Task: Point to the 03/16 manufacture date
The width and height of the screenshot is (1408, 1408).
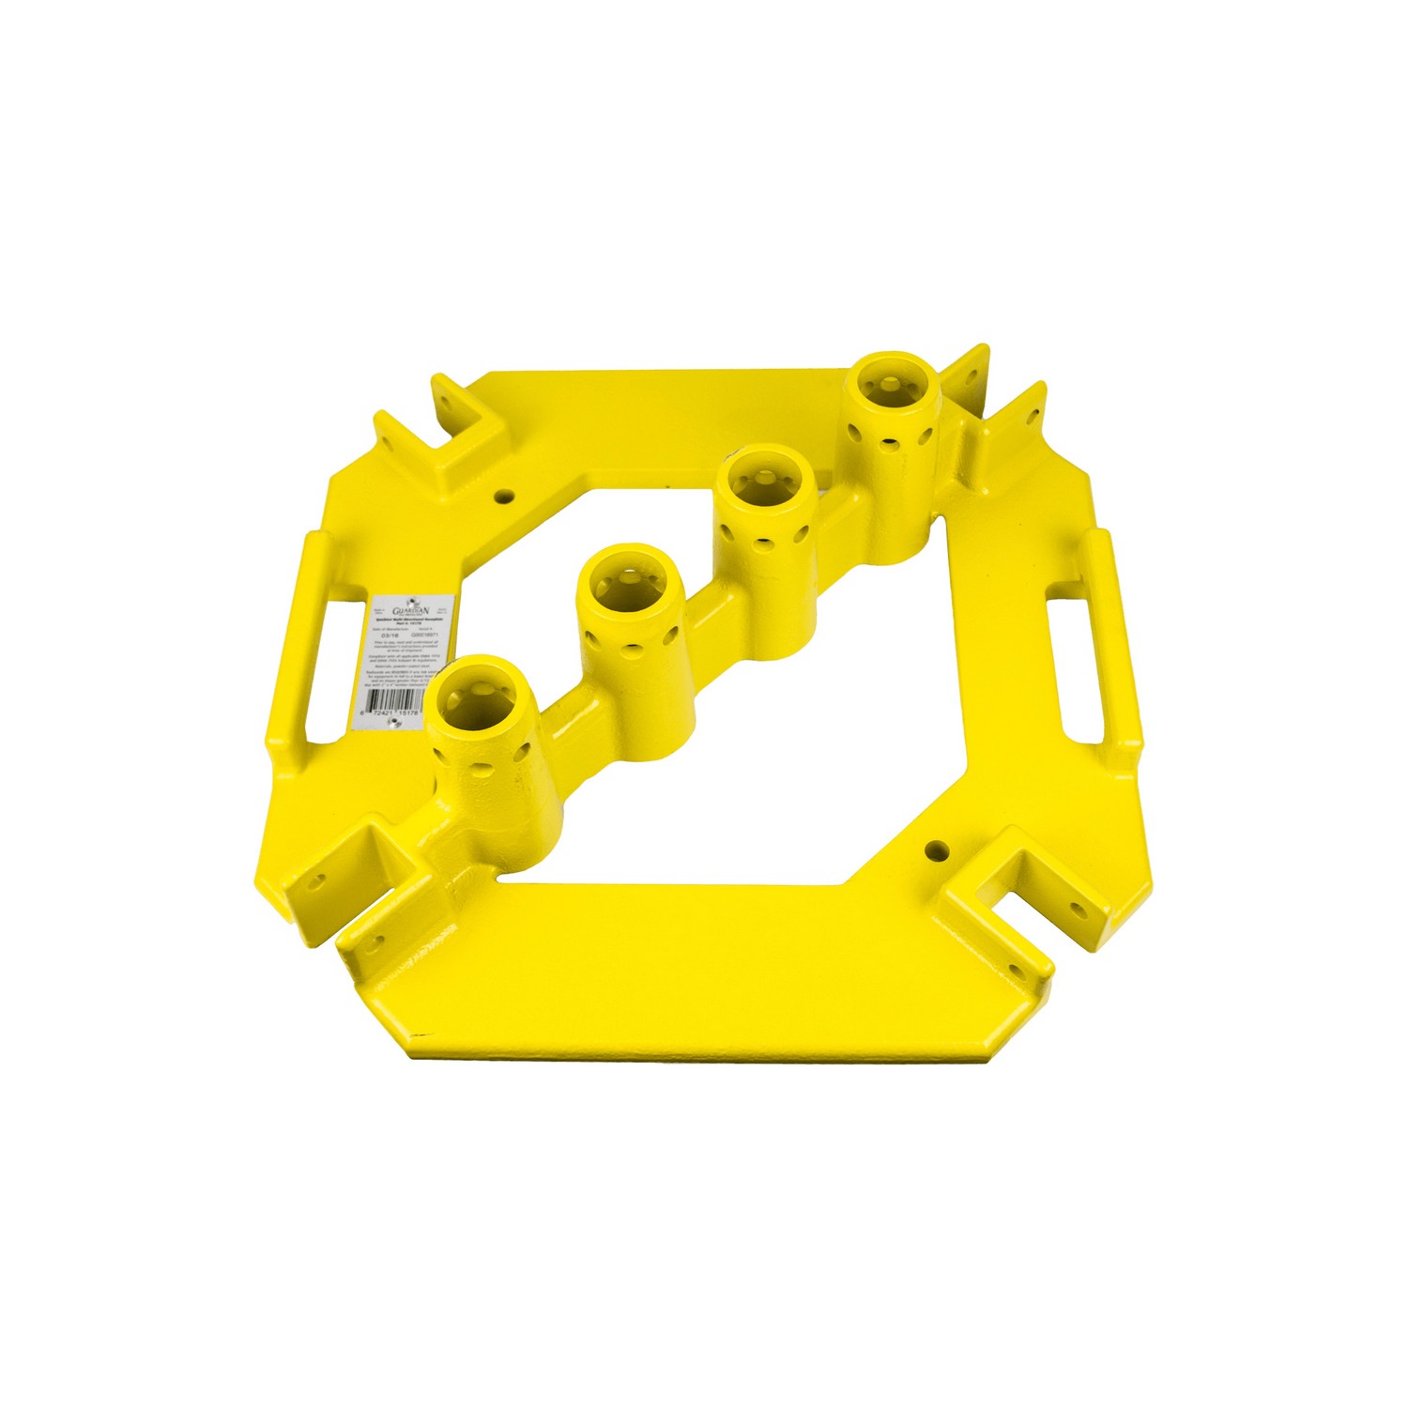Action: pos(384,635)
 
